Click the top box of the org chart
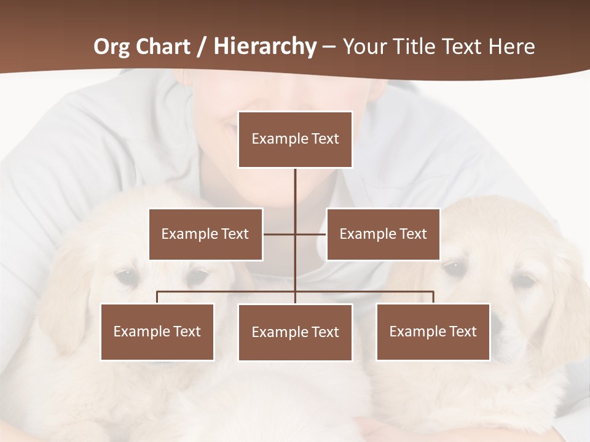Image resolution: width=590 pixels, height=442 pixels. point(295,139)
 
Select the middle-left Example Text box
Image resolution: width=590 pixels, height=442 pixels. point(205,234)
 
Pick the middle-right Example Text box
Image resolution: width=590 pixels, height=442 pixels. point(383,234)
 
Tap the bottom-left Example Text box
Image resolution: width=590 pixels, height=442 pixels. point(157,331)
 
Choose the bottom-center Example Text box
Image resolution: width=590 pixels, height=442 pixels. point(295,332)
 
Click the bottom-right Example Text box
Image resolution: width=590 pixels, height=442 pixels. point(433,331)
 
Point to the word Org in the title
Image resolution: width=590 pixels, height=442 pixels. point(112,47)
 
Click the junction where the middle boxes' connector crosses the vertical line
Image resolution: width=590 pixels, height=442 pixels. point(295,234)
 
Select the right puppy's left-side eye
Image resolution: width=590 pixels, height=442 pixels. point(454,267)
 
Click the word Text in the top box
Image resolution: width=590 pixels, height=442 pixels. point(325,139)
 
